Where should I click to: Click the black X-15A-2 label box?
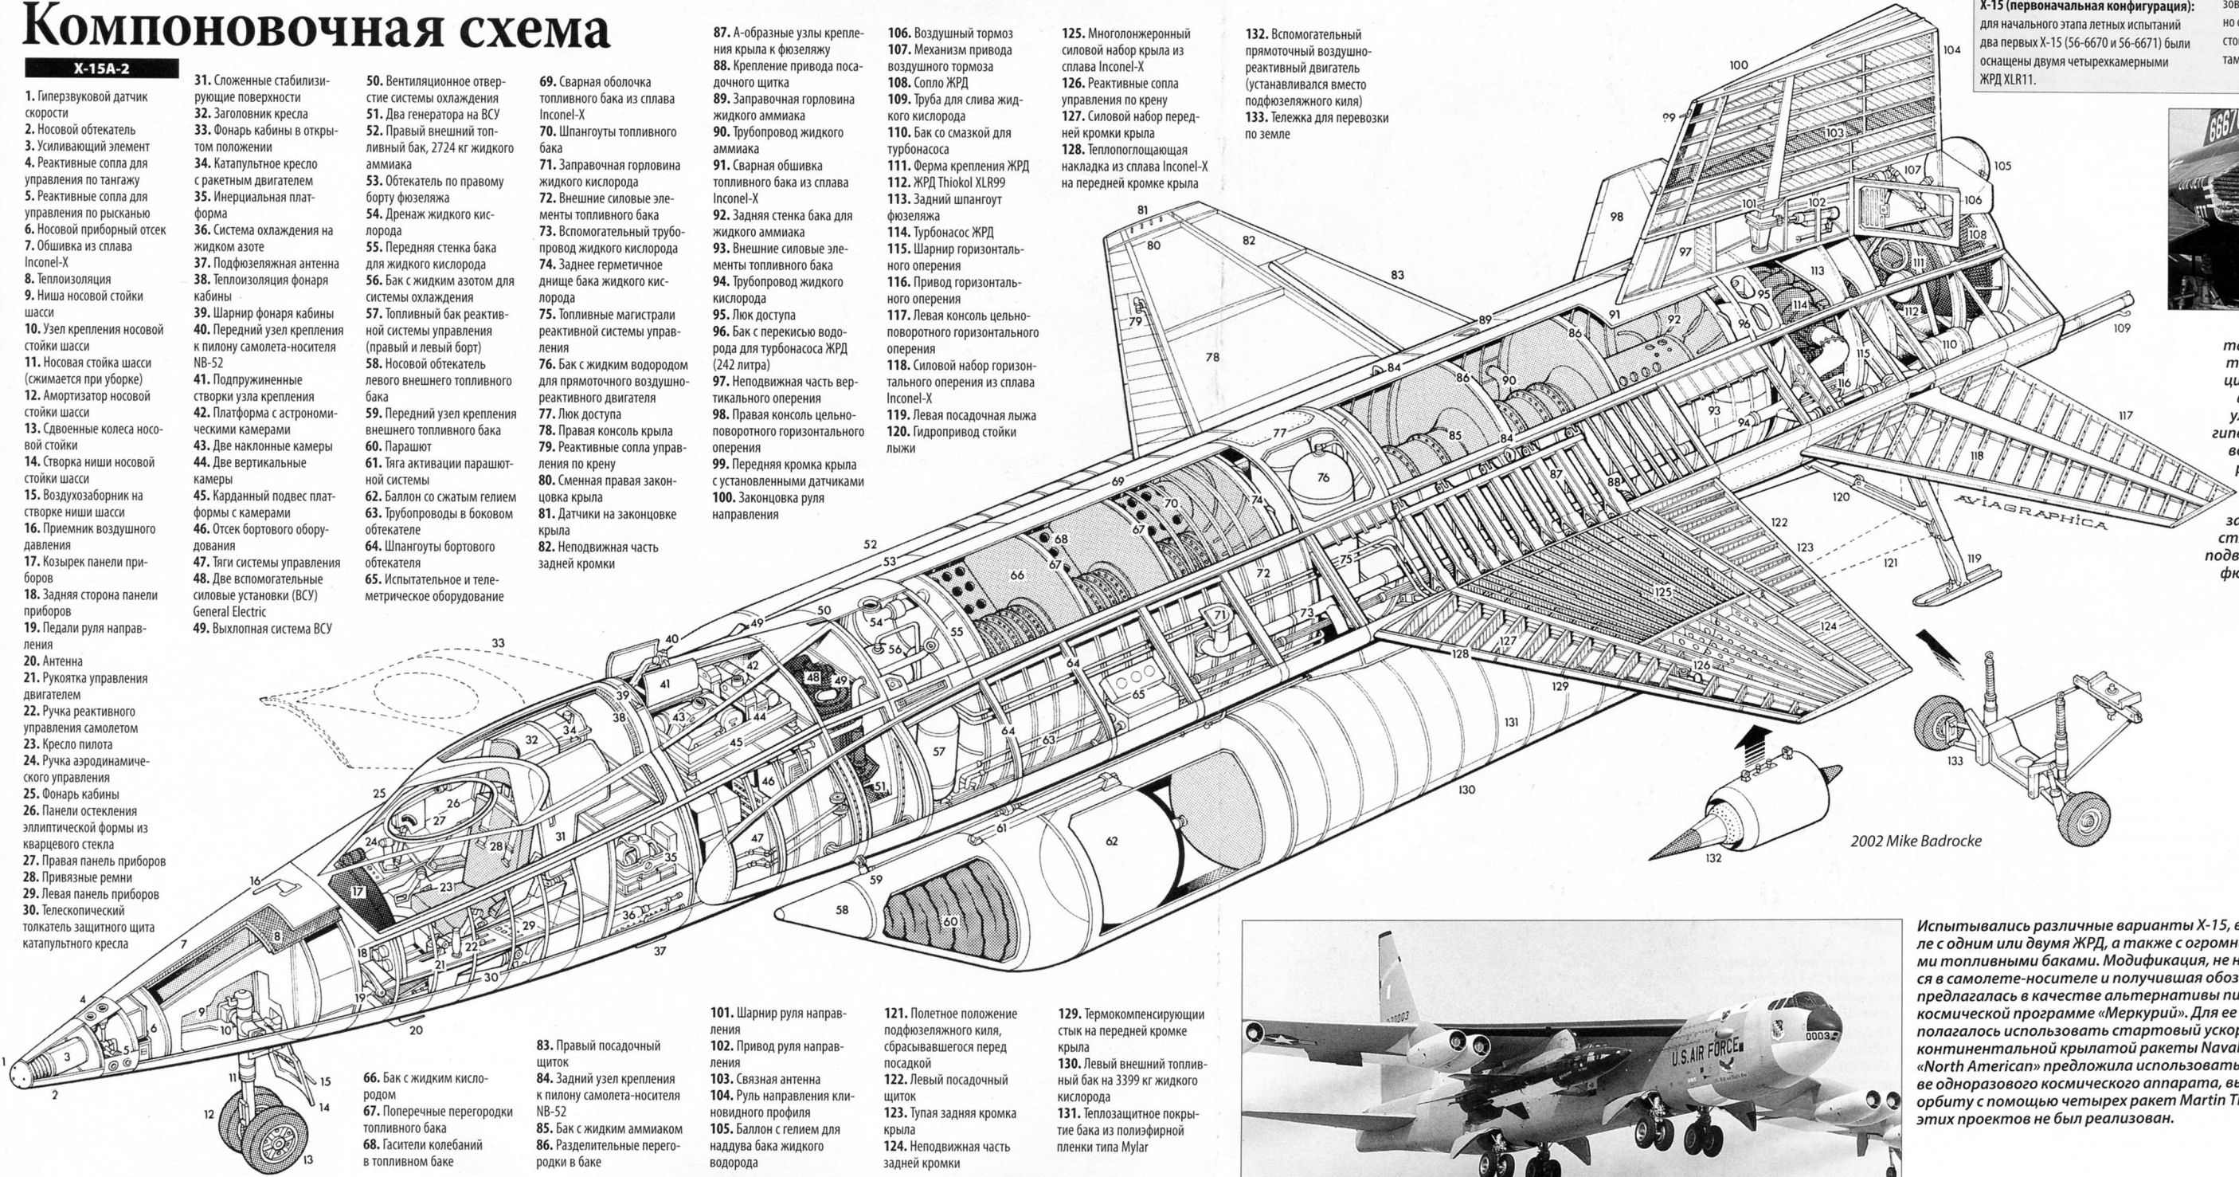(x=102, y=69)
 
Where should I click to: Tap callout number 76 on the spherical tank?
(x=1323, y=477)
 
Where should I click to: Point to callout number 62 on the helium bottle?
(x=1112, y=841)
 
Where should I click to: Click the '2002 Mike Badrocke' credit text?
(x=1916, y=841)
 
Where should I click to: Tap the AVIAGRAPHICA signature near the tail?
(x=2030, y=512)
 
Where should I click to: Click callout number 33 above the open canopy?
(x=497, y=643)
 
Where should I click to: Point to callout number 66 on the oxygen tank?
(x=1017, y=575)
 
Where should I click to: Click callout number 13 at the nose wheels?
(x=307, y=1159)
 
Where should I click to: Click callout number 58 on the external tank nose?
(x=841, y=910)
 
